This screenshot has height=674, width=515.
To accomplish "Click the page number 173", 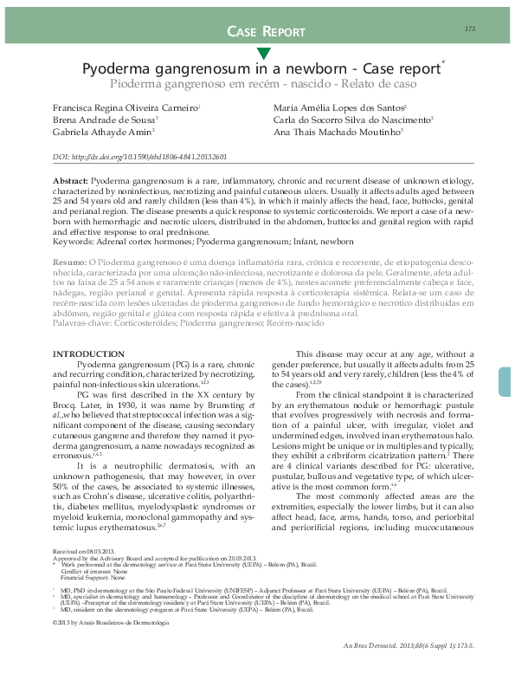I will pyautogui.click(x=470, y=29).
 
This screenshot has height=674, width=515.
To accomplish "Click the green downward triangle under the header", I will pyautogui.click(x=262, y=55).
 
